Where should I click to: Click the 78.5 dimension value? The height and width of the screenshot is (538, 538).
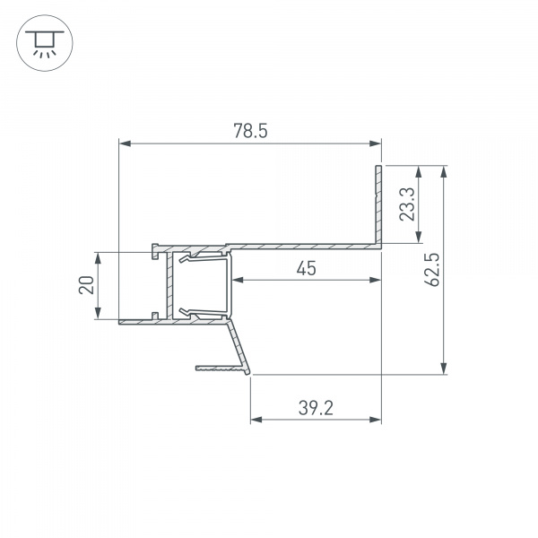pos(250,131)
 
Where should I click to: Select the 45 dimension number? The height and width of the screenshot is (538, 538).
pos(306,268)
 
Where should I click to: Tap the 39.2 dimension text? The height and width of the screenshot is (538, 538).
pos(316,408)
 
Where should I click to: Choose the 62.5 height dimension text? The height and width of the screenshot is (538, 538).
pos(431,270)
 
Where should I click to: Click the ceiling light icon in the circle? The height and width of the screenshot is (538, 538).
pos(40,40)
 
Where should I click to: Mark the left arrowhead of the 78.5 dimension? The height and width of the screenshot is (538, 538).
pos(126,143)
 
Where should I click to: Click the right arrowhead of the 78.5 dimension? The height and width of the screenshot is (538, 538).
pos(375,143)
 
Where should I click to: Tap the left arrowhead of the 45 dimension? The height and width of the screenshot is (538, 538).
pos(239,281)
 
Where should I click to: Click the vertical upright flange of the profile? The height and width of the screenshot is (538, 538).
pos(378,202)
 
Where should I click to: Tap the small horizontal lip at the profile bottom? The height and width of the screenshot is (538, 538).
pos(220,366)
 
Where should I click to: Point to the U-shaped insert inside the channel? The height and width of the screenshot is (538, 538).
pos(204,285)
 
